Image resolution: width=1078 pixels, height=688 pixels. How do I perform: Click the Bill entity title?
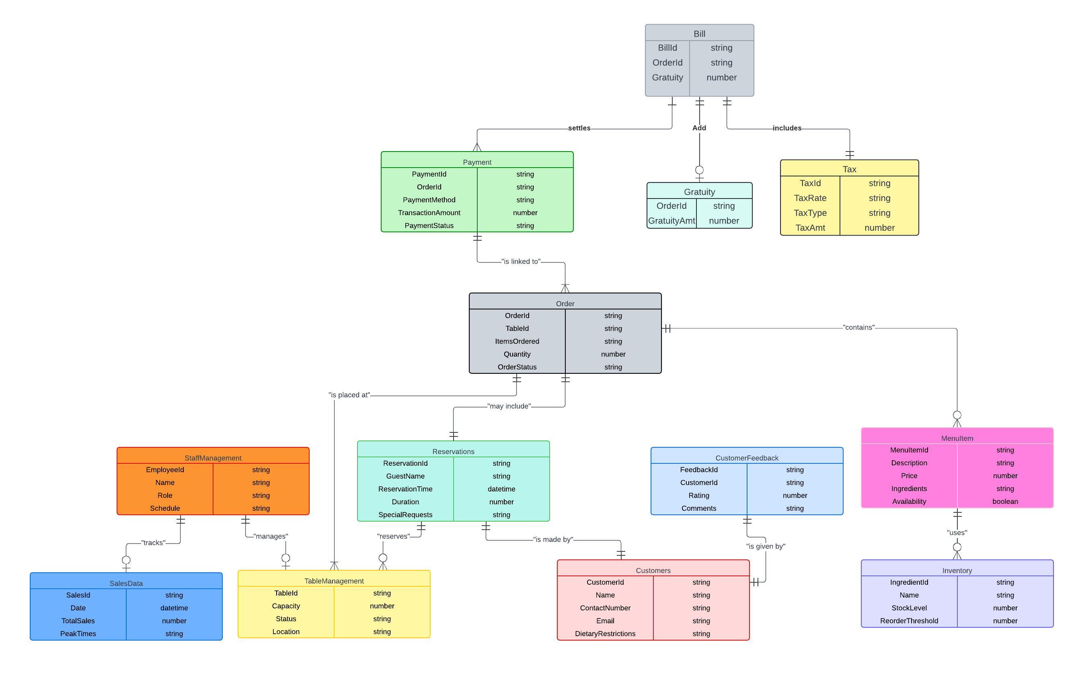(699, 33)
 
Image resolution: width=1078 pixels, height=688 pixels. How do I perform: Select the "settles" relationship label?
(579, 128)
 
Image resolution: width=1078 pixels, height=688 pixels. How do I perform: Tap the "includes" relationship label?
(787, 128)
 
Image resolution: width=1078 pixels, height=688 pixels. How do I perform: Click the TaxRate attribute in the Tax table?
(810, 198)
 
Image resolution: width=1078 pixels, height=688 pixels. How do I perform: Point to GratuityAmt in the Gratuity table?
(671, 221)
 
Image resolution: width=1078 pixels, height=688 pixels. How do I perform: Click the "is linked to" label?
(521, 262)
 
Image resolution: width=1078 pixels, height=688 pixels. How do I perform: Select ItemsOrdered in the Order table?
(517, 341)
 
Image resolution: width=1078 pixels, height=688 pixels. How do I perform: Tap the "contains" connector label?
(858, 328)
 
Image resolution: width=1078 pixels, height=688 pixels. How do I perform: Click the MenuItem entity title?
(957, 438)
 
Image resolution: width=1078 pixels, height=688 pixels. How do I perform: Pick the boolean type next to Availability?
(1005, 502)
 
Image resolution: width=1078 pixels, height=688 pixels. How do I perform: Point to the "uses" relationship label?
(957, 533)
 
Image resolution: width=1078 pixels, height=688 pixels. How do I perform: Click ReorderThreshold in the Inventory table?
(909, 621)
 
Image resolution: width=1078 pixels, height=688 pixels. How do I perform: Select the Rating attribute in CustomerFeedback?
(699, 496)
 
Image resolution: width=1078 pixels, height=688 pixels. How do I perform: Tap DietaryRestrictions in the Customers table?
(605, 634)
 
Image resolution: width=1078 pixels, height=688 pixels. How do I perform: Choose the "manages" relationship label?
(270, 536)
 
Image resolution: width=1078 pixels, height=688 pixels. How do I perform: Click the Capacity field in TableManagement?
(286, 606)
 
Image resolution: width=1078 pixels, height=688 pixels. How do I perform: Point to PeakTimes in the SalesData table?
(78, 634)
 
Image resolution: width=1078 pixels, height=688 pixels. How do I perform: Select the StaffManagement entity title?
(213, 458)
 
